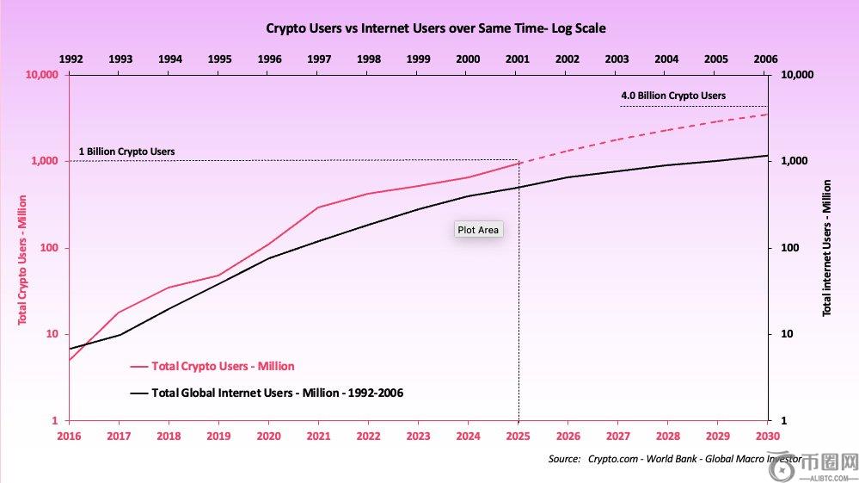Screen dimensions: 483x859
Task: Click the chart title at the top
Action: pyautogui.click(x=436, y=28)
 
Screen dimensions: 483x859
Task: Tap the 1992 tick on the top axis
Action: pyautogui.click(x=71, y=59)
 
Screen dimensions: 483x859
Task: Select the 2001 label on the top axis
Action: pyautogui.click(x=518, y=59)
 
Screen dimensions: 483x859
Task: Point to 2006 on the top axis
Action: pyautogui.click(x=764, y=59)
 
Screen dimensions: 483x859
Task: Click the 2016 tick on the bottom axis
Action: pyautogui.click(x=69, y=437)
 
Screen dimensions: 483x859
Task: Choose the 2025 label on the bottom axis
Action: pyautogui.click(x=518, y=437)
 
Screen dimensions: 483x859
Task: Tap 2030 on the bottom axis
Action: pyautogui.click(x=766, y=437)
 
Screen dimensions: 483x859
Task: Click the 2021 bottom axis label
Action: pyautogui.click(x=318, y=437)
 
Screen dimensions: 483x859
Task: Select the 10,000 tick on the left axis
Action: pyautogui.click(x=41, y=76)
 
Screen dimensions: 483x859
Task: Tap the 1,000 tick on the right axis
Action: pyautogui.click(x=795, y=162)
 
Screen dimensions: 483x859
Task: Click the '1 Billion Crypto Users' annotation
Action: pyautogui.click(x=126, y=152)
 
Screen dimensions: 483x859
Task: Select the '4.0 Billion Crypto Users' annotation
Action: pyautogui.click(x=673, y=96)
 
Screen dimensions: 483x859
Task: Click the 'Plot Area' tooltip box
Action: pyautogui.click(x=478, y=230)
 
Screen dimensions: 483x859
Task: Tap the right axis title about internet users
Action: pyautogui.click(x=827, y=248)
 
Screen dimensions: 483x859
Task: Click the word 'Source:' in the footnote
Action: pyautogui.click(x=564, y=459)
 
